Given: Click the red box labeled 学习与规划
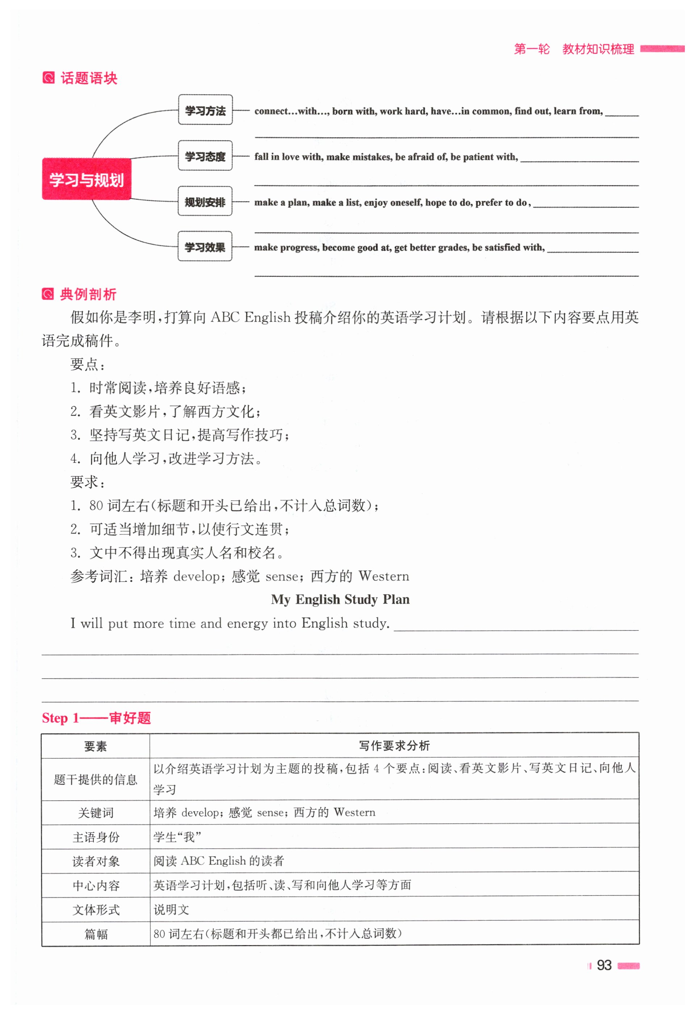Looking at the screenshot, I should [x=87, y=179].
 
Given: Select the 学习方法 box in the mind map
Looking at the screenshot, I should [x=205, y=110].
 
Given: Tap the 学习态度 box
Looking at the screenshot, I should [x=205, y=156].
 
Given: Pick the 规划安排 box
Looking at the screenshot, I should [x=205, y=201].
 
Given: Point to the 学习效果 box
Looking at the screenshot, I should [x=205, y=247].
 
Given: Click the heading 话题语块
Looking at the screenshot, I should [x=89, y=78].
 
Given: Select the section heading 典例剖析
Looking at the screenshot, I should [x=88, y=294].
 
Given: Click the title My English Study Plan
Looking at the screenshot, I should [x=340, y=599].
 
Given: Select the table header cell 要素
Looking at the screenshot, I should [x=95, y=746].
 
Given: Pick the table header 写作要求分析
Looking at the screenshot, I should [x=394, y=746].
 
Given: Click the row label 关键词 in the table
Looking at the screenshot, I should [x=95, y=813].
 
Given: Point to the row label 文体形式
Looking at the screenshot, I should [x=95, y=910].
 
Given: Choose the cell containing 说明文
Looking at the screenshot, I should [x=171, y=910].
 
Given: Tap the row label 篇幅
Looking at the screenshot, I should [x=95, y=934].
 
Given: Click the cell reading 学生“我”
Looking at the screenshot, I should [x=177, y=837].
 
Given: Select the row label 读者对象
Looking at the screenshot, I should [x=95, y=861].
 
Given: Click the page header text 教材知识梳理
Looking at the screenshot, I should [x=598, y=49].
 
